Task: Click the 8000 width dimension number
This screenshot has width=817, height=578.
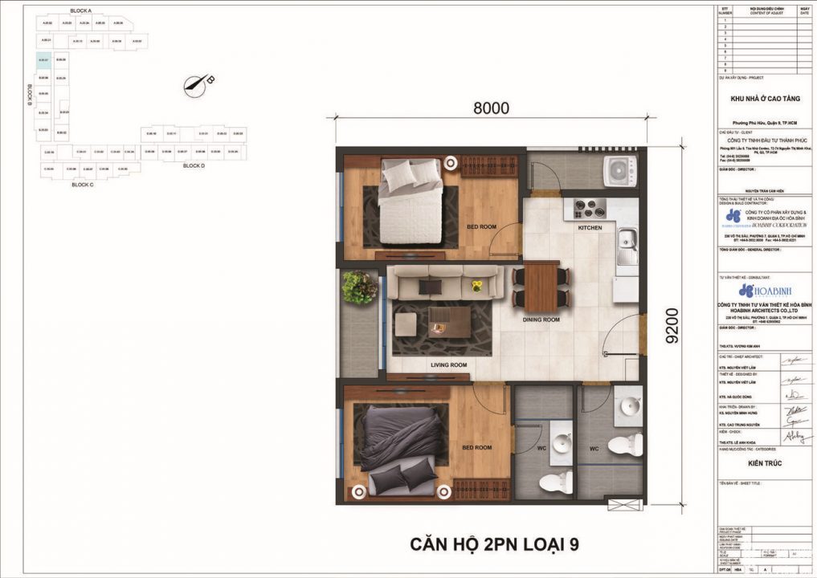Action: click(490, 108)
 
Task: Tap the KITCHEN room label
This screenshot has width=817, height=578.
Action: click(589, 228)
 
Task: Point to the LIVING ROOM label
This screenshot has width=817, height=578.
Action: click(448, 364)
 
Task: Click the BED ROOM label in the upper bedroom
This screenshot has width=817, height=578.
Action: click(482, 227)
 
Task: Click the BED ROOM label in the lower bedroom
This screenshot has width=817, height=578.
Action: click(476, 447)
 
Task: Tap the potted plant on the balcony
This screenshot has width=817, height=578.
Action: click(359, 287)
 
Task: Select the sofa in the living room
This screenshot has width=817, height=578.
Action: click(445, 283)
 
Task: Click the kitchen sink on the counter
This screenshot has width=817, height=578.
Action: click(626, 242)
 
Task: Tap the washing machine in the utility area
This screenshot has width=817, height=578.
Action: click(619, 169)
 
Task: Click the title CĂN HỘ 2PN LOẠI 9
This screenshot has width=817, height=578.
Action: click(494, 546)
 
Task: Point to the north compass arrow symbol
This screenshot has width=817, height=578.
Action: click(196, 82)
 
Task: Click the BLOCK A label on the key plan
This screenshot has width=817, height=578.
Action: click(81, 10)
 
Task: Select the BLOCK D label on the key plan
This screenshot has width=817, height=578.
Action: click(194, 165)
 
